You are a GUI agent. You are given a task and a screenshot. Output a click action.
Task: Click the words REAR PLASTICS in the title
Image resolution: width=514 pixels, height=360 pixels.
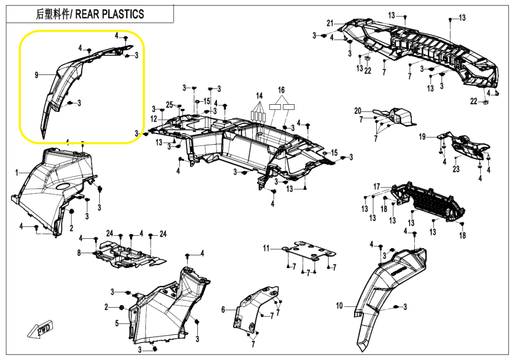110,14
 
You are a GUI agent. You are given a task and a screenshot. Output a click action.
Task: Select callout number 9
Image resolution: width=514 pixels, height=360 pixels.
36,75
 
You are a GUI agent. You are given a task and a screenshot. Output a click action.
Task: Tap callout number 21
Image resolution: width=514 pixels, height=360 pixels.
330,23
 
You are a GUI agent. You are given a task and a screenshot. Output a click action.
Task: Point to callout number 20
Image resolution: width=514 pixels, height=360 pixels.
357,111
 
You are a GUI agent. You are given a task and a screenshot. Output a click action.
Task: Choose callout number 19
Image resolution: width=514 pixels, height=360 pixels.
422,136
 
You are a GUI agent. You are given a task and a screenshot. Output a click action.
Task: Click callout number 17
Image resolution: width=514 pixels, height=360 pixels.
377,186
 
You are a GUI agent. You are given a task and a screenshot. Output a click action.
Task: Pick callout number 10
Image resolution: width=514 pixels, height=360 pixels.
339,306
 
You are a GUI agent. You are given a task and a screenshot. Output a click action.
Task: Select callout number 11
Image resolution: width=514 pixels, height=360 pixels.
266,248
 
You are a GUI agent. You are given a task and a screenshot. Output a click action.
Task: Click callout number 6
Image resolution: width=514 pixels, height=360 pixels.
223,310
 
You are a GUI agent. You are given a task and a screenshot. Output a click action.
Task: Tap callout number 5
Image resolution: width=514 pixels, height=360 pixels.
117,324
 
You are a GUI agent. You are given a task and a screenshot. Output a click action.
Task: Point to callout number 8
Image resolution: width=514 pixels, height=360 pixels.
79,253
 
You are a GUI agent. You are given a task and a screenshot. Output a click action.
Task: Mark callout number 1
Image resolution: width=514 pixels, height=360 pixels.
17,173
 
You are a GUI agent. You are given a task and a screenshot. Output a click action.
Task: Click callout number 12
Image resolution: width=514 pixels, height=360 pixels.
154,119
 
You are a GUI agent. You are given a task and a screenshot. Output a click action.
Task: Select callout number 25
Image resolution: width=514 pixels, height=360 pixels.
169,105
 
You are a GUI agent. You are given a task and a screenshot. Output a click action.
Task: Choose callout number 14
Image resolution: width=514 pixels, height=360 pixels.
259,96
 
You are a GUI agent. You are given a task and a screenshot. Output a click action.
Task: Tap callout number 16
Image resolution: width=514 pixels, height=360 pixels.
281,90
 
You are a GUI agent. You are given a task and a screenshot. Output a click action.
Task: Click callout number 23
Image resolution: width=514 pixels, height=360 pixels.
456,169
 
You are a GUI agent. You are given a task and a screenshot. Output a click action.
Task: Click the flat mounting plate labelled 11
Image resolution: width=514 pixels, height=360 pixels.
308,252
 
